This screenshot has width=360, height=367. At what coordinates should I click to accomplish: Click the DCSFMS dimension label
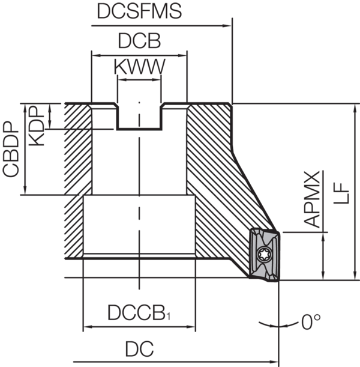[139, 11]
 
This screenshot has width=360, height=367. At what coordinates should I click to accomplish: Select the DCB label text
[140, 41]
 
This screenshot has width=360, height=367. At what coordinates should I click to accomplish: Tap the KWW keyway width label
[140, 67]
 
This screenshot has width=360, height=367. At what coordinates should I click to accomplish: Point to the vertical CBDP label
[11, 149]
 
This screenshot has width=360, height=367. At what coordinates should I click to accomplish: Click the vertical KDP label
[37, 126]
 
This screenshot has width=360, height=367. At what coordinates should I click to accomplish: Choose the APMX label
[312, 199]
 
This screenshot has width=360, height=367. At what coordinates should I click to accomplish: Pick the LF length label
[341, 193]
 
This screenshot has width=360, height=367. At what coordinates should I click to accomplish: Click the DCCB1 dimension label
[139, 313]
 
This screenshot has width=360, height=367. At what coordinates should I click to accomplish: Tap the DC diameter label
[140, 349]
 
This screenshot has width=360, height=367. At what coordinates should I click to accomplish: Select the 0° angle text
[311, 322]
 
